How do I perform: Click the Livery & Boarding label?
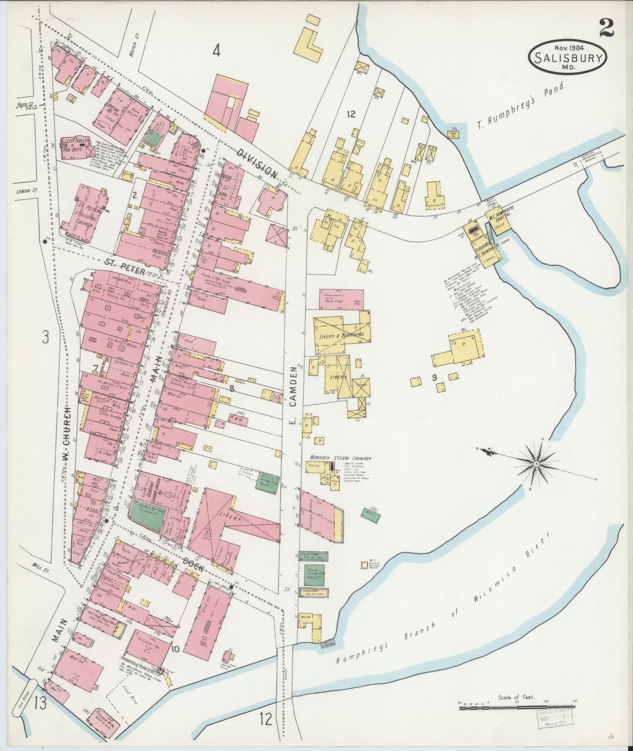tap(341, 334)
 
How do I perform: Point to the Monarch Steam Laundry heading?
tap(340, 458)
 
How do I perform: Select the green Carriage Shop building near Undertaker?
tap(314, 576)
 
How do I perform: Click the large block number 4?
tap(216, 51)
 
